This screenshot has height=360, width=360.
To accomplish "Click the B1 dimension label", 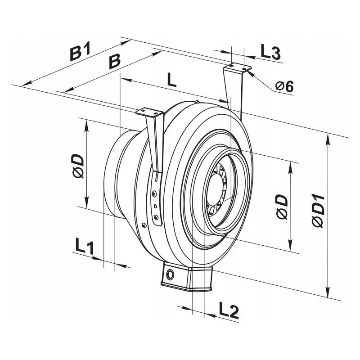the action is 80,51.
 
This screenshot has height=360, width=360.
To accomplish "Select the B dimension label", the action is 114,61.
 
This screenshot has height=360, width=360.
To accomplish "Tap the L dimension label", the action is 171,80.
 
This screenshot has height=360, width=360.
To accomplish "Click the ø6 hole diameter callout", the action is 284,86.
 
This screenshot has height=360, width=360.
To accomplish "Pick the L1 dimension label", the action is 85,246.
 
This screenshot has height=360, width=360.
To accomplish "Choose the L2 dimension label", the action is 229,310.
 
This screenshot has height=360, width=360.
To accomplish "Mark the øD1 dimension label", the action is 318,211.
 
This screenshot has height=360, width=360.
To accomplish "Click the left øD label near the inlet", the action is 78,166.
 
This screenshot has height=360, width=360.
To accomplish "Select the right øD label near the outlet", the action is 282,207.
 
